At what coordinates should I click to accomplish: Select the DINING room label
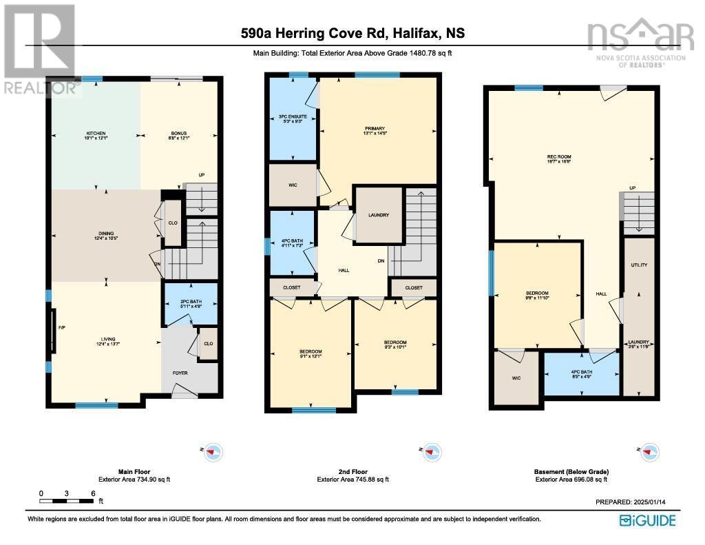pos(105,236)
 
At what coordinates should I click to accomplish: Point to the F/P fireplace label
pos(61,328)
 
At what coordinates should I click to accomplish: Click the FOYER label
pos(180,373)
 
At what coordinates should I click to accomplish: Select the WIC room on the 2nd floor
pos(291,185)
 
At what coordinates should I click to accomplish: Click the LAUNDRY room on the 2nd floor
pos(378,215)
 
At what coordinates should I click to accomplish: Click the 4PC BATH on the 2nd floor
pos(292,243)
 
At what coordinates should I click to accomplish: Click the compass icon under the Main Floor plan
pos(213,452)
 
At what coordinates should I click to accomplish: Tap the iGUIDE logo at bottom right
pos(647,520)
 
